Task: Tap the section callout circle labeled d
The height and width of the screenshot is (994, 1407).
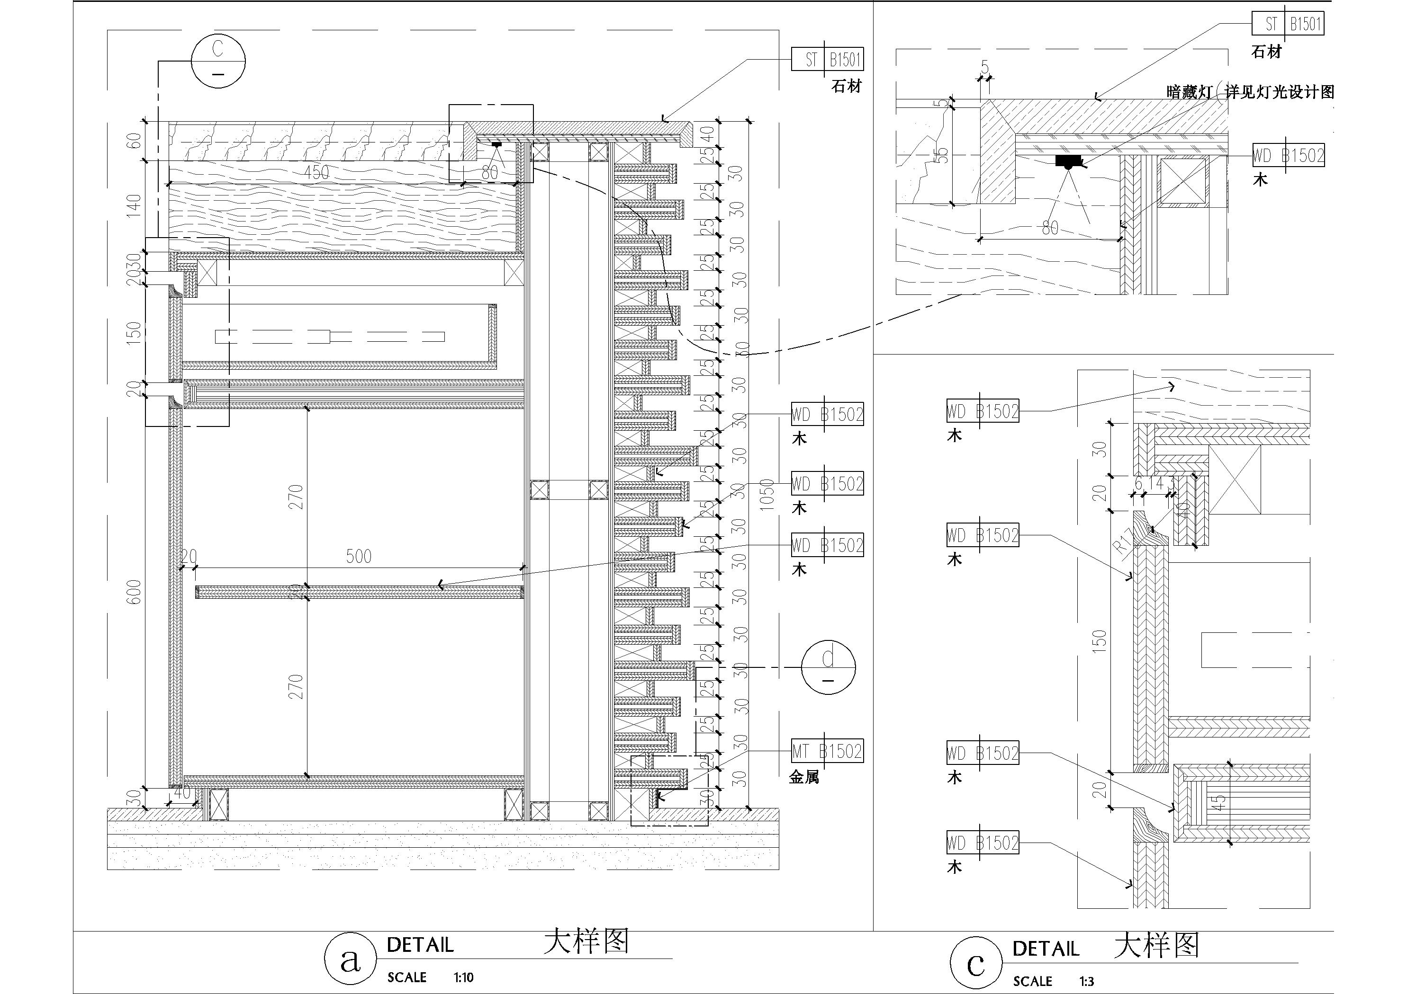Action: tap(828, 667)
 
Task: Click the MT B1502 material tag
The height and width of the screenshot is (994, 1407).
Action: tap(827, 752)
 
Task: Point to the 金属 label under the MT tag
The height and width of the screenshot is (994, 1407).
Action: tap(804, 778)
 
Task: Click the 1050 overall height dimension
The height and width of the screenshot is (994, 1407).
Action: tap(767, 495)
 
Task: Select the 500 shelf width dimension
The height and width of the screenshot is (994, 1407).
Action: tap(359, 556)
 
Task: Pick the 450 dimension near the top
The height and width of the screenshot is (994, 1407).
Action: tap(316, 172)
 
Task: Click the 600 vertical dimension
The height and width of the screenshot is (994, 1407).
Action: tap(134, 592)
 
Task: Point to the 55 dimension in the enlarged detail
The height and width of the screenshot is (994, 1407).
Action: tap(944, 155)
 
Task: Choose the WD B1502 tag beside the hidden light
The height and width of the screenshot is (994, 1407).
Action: tap(1288, 156)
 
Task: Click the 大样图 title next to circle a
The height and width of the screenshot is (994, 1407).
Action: tap(586, 941)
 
